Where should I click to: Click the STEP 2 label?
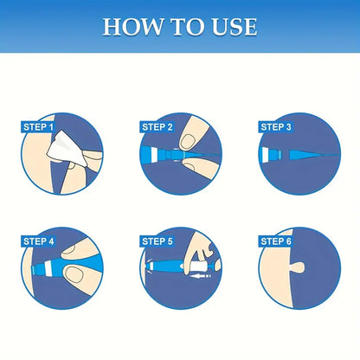157,127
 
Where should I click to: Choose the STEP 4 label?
38,241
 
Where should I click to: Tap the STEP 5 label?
157,241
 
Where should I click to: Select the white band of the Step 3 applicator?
266,155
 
